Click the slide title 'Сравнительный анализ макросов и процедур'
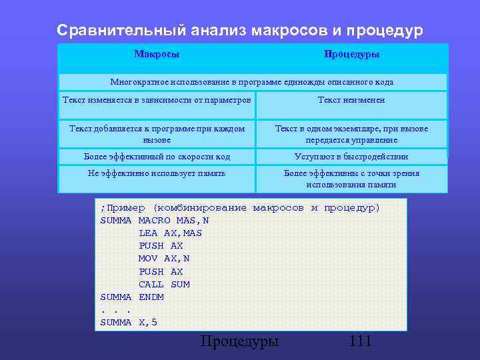(x=239, y=31)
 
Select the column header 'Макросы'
(x=157, y=54)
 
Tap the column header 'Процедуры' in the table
(x=351, y=54)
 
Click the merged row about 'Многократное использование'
(x=252, y=82)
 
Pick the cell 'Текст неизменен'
(x=351, y=100)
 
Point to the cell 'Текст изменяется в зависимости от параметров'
(x=157, y=100)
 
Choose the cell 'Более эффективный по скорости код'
(x=157, y=157)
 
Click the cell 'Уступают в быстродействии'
(x=351, y=157)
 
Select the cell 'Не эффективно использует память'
(x=157, y=173)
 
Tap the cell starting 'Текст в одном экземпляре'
(x=351, y=134)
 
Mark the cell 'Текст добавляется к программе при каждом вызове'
(x=157, y=134)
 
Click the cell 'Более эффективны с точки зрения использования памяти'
(x=351, y=179)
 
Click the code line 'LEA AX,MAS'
(x=170, y=233)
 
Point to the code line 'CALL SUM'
(x=164, y=285)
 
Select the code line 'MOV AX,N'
(x=164, y=259)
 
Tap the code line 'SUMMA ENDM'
(x=132, y=297)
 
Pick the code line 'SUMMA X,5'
(x=129, y=323)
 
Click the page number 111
(x=359, y=342)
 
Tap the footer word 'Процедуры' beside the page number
(x=239, y=342)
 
